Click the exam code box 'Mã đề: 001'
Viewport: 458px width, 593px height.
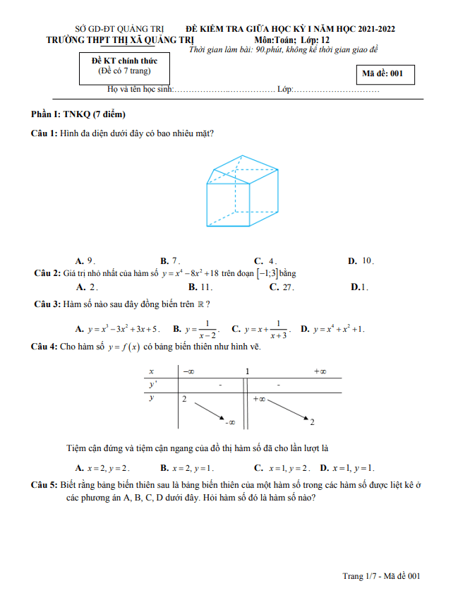click(x=384, y=73)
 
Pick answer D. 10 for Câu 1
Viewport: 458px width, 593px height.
click(x=361, y=260)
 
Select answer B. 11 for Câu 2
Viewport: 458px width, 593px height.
click(x=201, y=287)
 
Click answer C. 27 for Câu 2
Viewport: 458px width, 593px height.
click(x=282, y=287)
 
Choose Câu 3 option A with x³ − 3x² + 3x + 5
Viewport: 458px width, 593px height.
click(x=119, y=329)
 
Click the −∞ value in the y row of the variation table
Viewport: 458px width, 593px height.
click(x=230, y=423)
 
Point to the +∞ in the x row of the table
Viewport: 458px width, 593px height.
click(x=319, y=371)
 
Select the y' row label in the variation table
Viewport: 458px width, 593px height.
click(x=152, y=385)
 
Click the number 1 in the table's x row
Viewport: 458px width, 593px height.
click(x=247, y=371)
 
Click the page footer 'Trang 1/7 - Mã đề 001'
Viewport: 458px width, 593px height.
click(x=382, y=576)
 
